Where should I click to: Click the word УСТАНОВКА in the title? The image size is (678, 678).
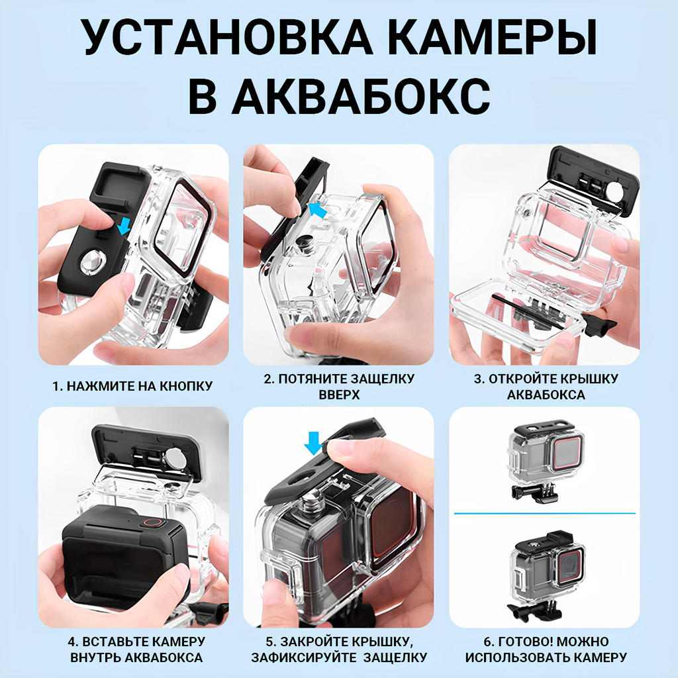[226, 37]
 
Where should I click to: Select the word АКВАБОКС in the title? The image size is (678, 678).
[362, 95]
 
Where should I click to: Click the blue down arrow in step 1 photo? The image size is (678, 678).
[125, 226]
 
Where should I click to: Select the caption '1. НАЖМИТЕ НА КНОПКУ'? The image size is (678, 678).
[132, 386]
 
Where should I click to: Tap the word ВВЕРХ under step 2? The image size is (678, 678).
[339, 395]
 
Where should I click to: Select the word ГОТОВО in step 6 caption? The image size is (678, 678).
[524, 641]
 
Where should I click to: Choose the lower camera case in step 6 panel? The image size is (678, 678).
[547, 575]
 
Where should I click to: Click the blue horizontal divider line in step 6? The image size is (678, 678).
[544, 513]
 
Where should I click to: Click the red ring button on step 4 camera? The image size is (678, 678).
[152, 522]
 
